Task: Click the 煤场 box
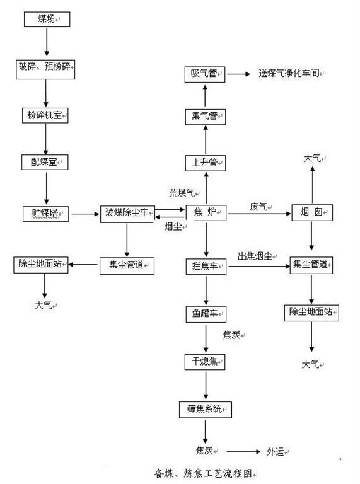click(47, 20)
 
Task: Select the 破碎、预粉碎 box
click(45, 69)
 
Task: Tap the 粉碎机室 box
click(45, 115)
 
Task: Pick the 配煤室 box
click(45, 162)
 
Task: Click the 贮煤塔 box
click(45, 214)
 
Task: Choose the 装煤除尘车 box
click(127, 214)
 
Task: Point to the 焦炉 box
click(206, 212)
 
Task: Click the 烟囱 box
click(312, 212)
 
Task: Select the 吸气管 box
click(205, 74)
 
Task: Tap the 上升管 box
click(206, 163)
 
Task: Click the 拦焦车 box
click(206, 267)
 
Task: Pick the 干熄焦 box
click(205, 362)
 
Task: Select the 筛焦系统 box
click(206, 410)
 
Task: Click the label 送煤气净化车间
click(289, 74)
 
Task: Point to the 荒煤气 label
click(182, 193)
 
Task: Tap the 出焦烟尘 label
click(255, 256)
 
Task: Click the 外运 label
click(276, 452)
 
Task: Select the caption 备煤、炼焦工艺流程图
click(204, 473)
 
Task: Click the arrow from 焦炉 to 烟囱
click(259, 213)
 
